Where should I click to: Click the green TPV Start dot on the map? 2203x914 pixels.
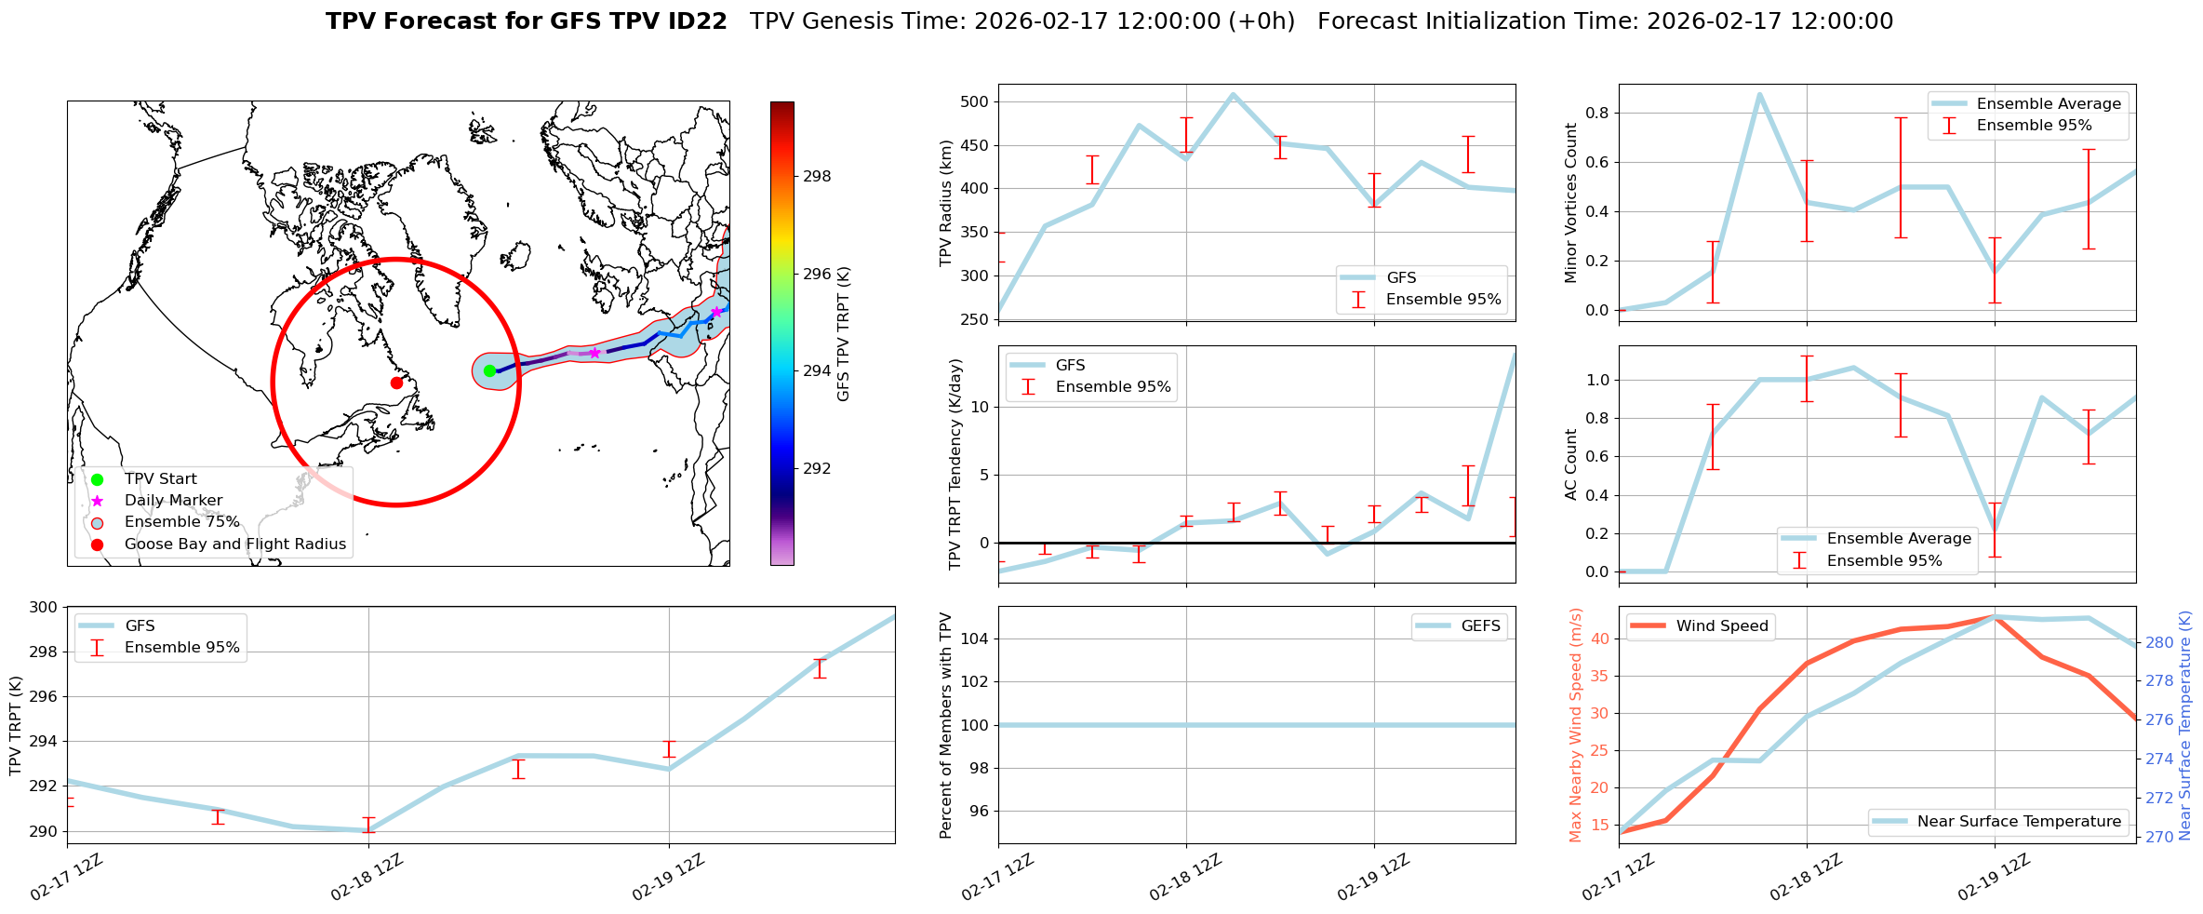490,370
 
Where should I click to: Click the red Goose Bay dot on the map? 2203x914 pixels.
396,383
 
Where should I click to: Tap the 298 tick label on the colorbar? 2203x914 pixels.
817,177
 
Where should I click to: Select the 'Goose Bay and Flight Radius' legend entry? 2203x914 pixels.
234,544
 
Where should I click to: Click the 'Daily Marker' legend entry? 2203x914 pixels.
173,501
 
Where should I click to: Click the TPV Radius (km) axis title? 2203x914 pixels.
947,203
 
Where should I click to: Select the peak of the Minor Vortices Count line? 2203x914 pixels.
1759,94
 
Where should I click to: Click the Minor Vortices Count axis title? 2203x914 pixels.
1571,203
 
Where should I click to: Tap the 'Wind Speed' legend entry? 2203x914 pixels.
1721,626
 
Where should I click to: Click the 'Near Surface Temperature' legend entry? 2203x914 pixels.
2019,822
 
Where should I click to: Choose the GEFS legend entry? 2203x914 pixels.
1480,626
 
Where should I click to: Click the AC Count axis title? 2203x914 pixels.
1571,464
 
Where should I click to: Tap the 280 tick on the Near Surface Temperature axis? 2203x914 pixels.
2159,642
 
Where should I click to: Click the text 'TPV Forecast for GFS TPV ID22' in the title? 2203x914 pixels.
526,21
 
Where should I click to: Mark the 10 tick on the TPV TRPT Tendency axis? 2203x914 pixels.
979,407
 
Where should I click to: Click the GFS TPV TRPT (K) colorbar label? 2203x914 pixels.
844,334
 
